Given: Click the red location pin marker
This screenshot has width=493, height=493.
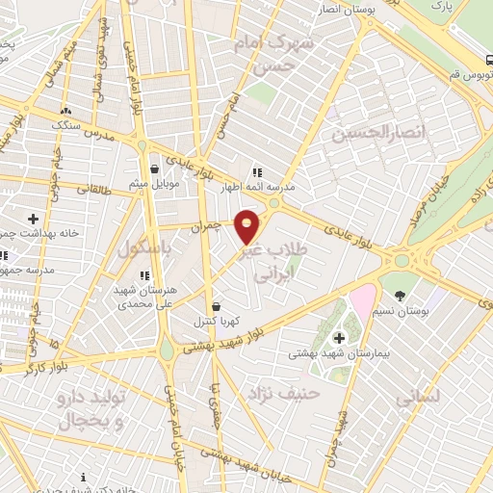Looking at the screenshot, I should click(x=247, y=226).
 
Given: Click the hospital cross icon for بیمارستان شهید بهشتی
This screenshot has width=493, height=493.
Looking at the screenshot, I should click(x=339, y=337).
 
